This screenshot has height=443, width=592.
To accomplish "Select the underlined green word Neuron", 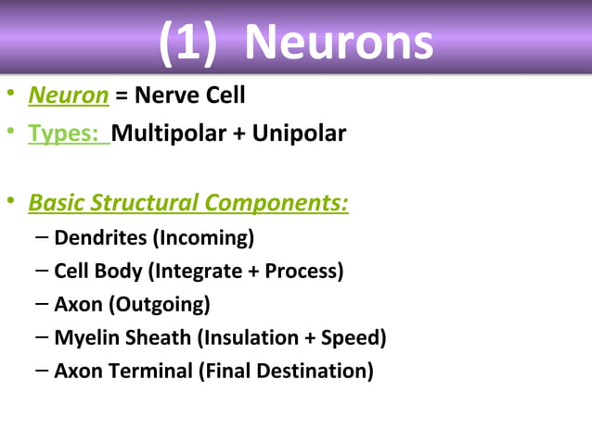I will pyautogui.click(x=69, y=95).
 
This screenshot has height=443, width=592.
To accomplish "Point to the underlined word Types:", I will pyautogui.click(x=68, y=133).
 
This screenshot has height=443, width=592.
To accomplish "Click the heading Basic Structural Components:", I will pyautogui.click(x=188, y=201).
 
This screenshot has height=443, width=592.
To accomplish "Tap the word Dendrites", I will pyautogui.click(x=100, y=237).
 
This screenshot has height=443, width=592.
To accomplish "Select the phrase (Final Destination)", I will pyautogui.click(x=286, y=371).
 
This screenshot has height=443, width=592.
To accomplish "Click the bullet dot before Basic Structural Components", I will pyautogui.click(x=10, y=201).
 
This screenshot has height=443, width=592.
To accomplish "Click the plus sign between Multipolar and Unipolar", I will pyautogui.click(x=239, y=133).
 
